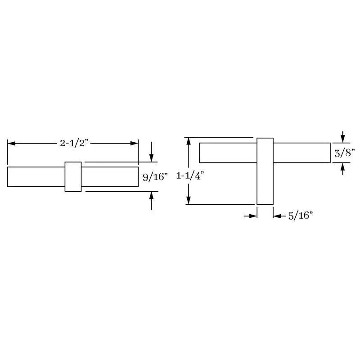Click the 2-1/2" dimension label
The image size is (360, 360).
point(74,143)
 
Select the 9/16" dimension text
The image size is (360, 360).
point(155,177)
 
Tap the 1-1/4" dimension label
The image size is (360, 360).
point(190,176)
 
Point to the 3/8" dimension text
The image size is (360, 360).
point(345,153)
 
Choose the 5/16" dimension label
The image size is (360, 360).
point(301,216)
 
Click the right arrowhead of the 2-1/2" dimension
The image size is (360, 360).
point(134,144)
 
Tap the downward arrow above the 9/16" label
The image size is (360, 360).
point(151,152)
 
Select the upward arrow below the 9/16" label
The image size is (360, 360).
point(151,201)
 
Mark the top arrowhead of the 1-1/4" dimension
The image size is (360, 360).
point(189,141)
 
